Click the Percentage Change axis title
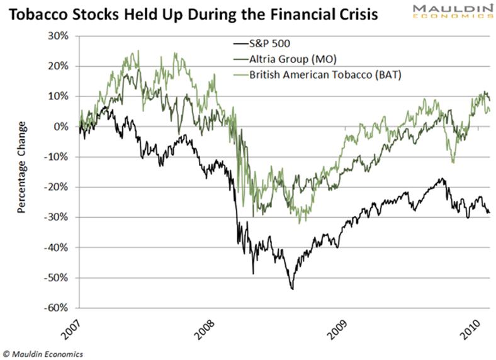click(x=21, y=167)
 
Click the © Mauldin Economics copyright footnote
click(x=42, y=354)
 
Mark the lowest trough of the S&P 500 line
click(x=292, y=289)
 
